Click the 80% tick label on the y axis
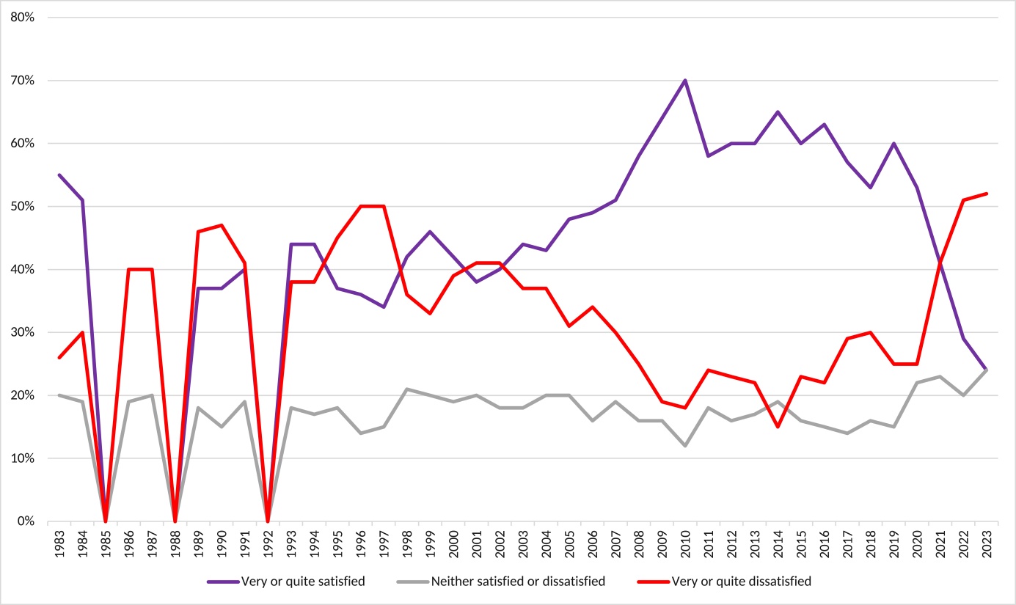[x=22, y=18]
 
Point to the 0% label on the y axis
[x=26, y=521]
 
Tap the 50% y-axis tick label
[x=22, y=206]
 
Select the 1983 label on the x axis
[x=59, y=544]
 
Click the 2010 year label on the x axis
[x=685, y=544]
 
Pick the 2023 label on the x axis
[x=987, y=544]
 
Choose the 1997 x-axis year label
[x=384, y=544]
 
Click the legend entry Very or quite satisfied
[x=303, y=582]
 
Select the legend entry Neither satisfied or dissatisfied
[x=518, y=582]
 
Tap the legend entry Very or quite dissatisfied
[x=741, y=582]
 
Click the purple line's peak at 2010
[x=685, y=80]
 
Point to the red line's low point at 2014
[x=778, y=427]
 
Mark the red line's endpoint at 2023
[x=987, y=194]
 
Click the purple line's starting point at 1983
[x=59, y=175]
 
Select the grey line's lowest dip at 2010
[x=685, y=446]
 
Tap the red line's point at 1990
[x=222, y=225]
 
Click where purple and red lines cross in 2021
[x=940, y=263]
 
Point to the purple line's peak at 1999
[x=431, y=232]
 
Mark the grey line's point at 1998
[x=407, y=389]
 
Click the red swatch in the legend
[x=654, y=582]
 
